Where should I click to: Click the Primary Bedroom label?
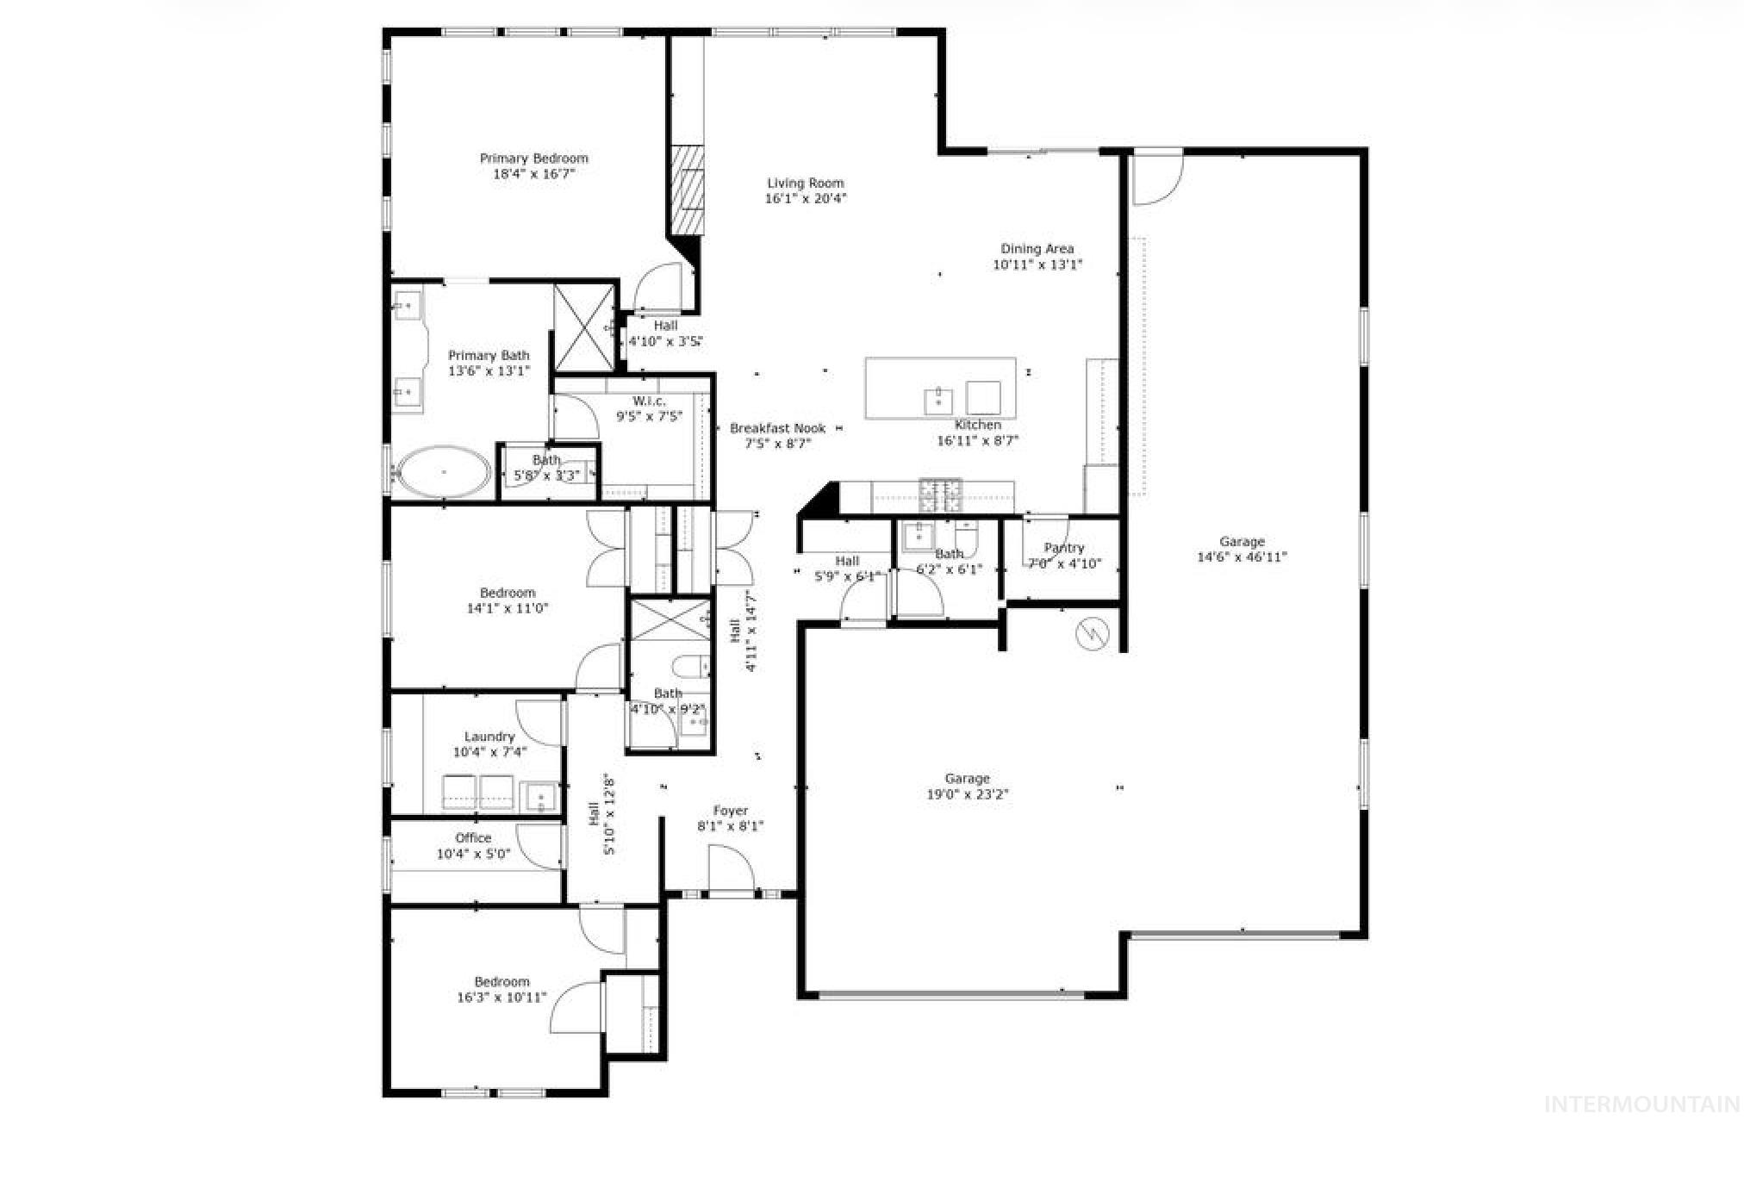tap(533, 159)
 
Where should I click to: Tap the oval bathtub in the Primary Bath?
tap(443, 472)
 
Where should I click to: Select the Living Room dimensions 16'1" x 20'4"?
tap(806, 199)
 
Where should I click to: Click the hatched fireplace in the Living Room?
tap(688, 190)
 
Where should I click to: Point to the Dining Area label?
tap(1037, 249)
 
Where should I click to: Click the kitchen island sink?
tap(938, 401)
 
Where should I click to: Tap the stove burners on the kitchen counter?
tap(940, 494)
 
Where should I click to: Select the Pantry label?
tap(1063, 548)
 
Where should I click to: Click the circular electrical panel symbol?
tap(1091, 634)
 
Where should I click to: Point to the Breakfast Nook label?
tap(777, 428)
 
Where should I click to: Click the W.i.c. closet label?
tap(649, 401)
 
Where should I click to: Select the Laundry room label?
tap(489, 737)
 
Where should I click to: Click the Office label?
tap(473, 838)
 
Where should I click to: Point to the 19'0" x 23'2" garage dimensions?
tap(966, 794)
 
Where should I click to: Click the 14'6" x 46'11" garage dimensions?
tap(1242, 557)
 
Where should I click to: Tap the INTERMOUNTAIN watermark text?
tap(1641, 1104)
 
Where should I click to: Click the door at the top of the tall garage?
tap(1156, 178)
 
